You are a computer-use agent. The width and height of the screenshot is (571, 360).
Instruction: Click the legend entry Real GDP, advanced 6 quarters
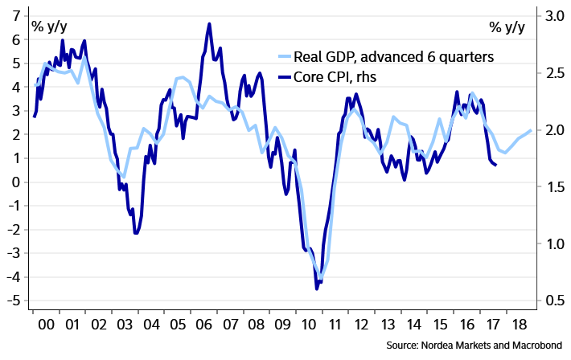pos(393,57)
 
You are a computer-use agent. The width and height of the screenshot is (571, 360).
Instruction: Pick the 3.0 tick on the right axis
pos(551,15)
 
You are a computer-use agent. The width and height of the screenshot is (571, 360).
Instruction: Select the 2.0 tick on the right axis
pos(551,130)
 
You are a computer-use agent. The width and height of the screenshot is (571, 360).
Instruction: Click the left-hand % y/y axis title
pos(49,27)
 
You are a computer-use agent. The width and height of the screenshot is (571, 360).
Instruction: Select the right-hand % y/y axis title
pos(507,27)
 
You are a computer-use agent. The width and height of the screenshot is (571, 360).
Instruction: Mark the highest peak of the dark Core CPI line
pos(209,24)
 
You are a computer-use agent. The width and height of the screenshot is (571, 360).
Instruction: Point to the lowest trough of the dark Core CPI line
pos(317,288)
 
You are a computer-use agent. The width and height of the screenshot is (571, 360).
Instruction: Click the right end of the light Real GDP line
pos(531,130)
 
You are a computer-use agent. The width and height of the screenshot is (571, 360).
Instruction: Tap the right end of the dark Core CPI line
pos(496,165)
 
